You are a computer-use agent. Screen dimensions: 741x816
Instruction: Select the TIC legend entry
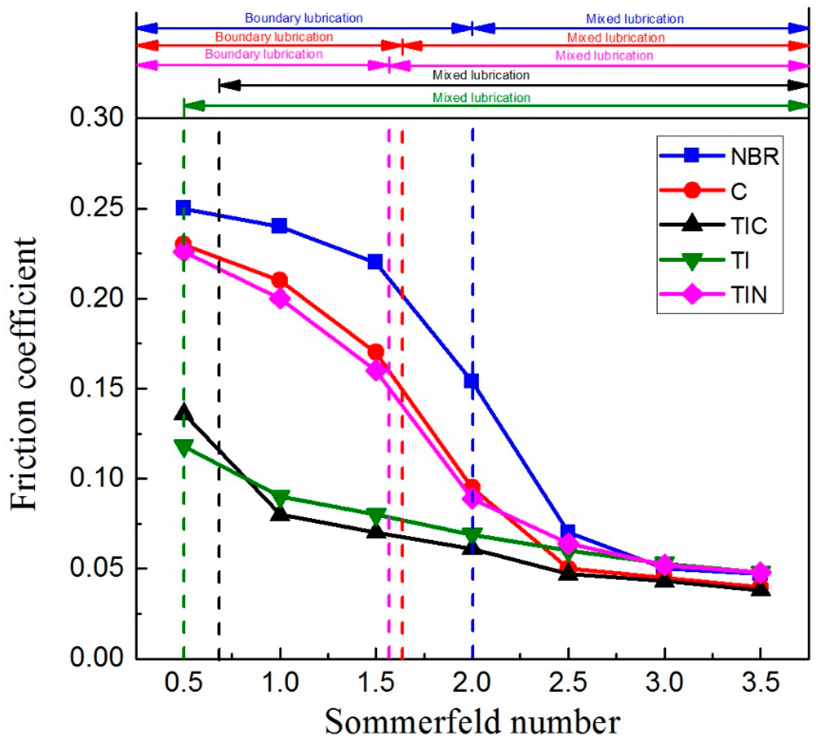tap(719, 225)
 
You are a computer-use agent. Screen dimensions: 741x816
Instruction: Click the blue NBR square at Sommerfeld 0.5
tap(183, 208)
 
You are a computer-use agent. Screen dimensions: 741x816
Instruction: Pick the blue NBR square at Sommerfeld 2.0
tap(472, 381)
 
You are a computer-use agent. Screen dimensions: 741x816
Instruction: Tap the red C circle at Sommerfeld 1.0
tap(280, 280)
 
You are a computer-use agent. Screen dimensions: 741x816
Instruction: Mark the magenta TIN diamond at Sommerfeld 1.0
tap(280, 299)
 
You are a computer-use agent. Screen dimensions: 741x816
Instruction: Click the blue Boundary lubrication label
tap(303, 18)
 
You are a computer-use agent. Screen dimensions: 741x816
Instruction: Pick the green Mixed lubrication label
tap(481, 98)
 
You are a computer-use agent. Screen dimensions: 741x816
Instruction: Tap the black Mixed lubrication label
tap(481, 75)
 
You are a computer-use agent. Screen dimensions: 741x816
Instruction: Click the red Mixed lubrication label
tap(616, 38)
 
